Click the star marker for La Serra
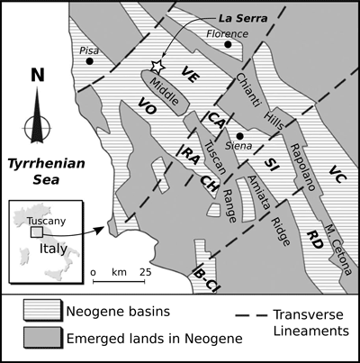pyautogui.click(x=157, y=66)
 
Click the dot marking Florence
pyautogui.click(x=229, y=42)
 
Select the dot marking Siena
pyautogui.click(x=241, y=135)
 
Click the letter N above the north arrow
pyautogui.click(x=37, y=76)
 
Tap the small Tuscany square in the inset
pyautogui.click(x=36, y=231)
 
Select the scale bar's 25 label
pyautogui.click(x=145, y=270)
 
